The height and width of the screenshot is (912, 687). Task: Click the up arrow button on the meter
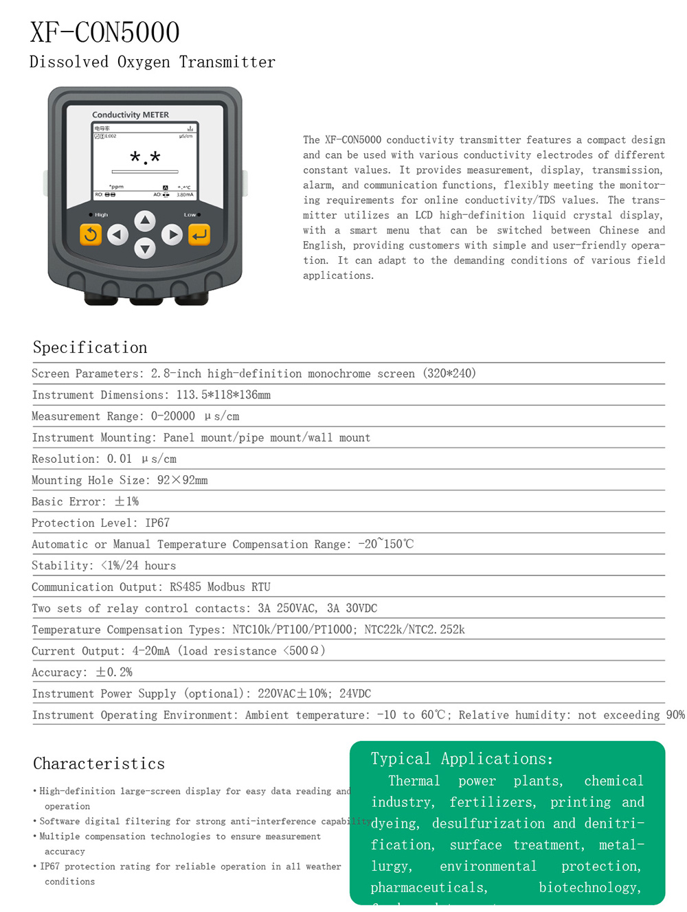(144, 221)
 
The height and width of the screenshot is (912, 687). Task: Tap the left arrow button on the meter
(118, 235)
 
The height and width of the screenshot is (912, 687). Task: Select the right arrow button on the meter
(172, 235)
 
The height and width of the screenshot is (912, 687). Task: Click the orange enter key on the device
(199, 235)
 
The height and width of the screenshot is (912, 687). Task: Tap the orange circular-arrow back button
(90, 235)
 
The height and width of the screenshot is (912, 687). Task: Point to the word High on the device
(101, 215)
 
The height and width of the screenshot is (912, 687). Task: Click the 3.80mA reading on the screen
(185, 195)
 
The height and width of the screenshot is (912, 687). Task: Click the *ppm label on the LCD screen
(116, 187)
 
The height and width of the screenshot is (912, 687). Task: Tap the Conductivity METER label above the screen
(131, 115)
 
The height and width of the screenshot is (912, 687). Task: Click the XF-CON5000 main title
(105, 32)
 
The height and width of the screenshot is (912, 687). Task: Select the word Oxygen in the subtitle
(144, 62)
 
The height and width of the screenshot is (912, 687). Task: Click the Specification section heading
(90, 347)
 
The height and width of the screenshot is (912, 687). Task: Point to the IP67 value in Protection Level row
(157, 523)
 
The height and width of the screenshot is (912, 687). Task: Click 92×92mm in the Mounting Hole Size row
(182, 480)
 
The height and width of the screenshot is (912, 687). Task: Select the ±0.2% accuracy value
(114, 672)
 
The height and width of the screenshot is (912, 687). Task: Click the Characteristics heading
(99, 764)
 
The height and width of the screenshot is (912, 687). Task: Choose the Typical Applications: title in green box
(462, 759)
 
